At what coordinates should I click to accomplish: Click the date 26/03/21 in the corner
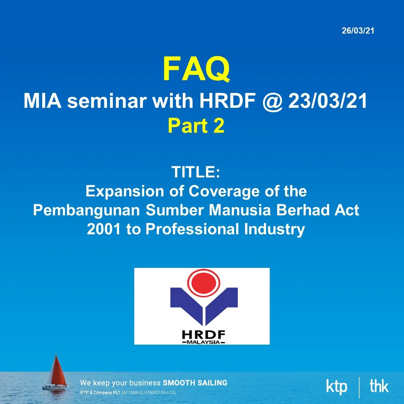coord(358,31)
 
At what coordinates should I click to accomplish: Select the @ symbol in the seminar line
coord(272,101)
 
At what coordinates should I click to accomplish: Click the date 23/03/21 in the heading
coord(328,101)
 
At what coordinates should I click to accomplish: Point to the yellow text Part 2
coord(196,126)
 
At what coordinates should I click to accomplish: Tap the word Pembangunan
coord(86,210)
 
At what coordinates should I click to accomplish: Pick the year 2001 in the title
coord(103,229)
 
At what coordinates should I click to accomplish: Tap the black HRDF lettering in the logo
coord(203,335)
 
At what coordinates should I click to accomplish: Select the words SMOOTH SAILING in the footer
coord(195,383)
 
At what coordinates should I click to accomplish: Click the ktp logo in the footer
coord(336,386)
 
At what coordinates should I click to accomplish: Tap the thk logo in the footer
coord(379,386)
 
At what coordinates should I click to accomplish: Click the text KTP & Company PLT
coord(100,393)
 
